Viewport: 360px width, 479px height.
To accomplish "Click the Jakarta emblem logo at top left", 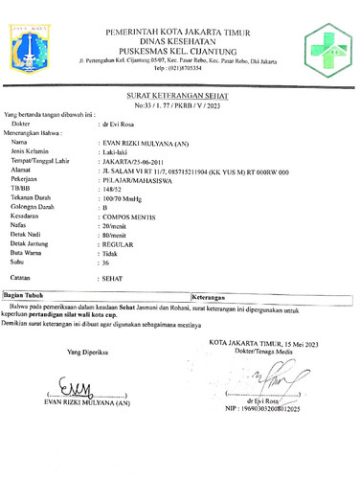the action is coord(33,45).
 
